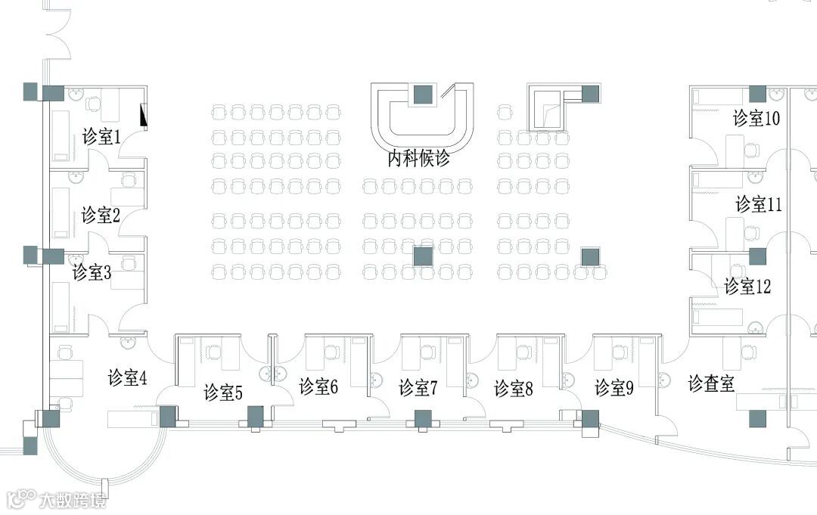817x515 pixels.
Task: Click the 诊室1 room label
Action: point(102,138)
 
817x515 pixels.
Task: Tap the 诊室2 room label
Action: point(101,216)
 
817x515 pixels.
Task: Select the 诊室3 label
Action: point(92,272)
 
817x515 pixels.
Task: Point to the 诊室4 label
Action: point(127,377)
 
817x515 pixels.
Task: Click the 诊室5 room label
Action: point(223,392)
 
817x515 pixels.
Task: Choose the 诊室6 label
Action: point(318,386)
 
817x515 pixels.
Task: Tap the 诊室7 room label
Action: point(418,388)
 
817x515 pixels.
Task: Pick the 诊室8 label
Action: point(514,389)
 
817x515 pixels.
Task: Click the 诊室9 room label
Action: point(614,388)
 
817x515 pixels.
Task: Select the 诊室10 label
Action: point(756,119)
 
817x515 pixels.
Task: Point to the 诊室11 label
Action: point(759,204)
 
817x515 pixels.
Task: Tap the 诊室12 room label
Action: point(747,287)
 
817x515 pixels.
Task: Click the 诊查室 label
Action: point(711,383)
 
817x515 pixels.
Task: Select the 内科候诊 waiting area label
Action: point(419,160)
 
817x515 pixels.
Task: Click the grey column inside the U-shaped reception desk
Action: point(422,95)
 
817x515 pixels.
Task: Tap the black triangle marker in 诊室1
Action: point(143,115)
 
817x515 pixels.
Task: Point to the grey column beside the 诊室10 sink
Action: point(757,94)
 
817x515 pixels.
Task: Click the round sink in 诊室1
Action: point(76,95)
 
